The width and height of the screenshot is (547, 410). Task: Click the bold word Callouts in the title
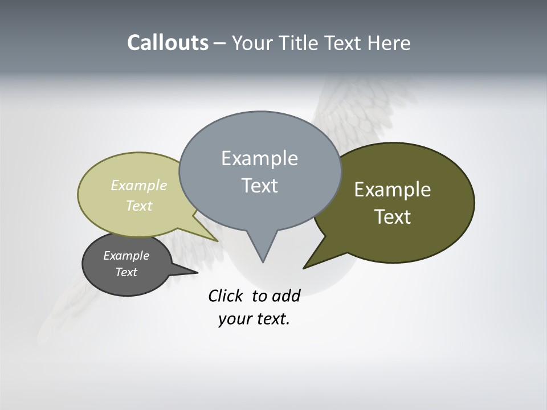[168, 43]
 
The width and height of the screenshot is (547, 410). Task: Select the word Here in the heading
[389, 43]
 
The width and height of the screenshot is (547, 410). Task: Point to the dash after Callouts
[219, 44]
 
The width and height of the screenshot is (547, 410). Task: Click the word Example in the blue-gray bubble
[259, 158]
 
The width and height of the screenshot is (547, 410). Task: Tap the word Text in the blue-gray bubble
[259, 186]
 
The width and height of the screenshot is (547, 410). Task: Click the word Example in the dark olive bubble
[393, 190]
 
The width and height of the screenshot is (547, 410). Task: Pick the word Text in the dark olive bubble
[393, 217]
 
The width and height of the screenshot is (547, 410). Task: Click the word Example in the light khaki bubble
[138, 185]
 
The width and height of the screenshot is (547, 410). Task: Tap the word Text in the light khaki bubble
[138, 206]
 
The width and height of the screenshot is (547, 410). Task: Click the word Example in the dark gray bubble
[126, 256]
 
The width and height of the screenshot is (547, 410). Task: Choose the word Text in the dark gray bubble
[126, 272]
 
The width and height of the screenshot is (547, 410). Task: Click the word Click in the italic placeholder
[226, 296]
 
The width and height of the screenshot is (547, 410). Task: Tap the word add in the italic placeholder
[286, 296]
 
